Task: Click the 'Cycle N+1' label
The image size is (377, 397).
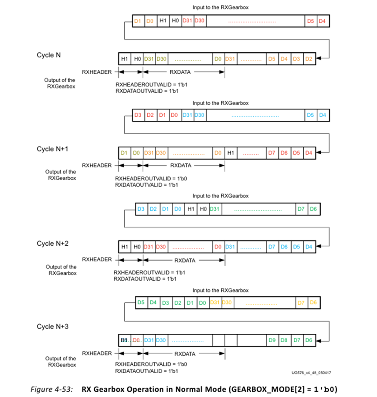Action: click(52, 149)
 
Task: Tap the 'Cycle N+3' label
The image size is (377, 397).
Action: click(52, 326)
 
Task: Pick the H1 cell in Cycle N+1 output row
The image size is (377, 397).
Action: click(231, 153)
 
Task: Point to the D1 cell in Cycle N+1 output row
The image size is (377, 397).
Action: click(124, 153)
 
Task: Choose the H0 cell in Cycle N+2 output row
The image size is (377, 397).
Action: click(137, 247)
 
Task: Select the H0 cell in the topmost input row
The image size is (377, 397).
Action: click(175, 21)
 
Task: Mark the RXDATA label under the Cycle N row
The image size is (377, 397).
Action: click(180, 72)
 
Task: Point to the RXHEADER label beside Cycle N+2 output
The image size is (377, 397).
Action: click(97, 260)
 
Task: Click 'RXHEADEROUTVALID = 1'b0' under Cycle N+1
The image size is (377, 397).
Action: click(145, 179)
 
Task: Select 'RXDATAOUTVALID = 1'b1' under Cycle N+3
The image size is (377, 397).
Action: click(145, 371)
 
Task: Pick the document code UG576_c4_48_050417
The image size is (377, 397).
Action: click(311, 373)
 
